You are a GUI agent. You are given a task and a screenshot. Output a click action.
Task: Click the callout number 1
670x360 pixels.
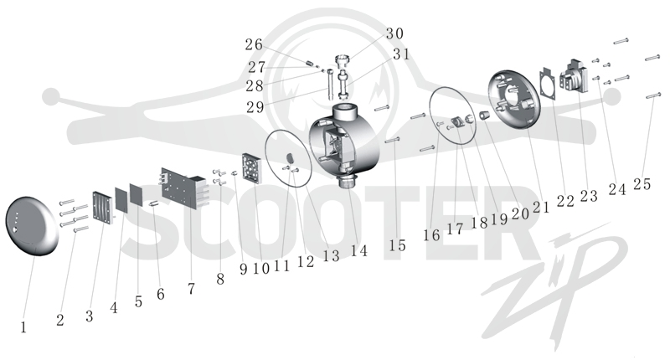pyautogui.click(x=23, y=327)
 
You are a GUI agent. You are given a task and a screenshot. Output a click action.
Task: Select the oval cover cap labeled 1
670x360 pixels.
pyautogui.click(x=31, y=226)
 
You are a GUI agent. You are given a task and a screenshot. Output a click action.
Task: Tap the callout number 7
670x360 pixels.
pyautogui.click(x=191, y=289)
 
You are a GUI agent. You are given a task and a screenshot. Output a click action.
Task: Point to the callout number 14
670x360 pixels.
pyautogui.click(x=359, y=250)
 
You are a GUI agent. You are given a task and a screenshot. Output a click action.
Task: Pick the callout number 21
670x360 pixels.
pyautogui.click(x=540, y=207)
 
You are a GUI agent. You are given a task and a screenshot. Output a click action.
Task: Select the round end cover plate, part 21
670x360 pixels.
pyautogui.click(x=513, y=100)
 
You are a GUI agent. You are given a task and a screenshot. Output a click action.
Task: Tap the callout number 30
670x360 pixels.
pyautogui.click(x=394, y=33)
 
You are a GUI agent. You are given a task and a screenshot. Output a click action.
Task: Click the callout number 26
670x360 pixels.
pyautogui.click(x=254, y=44)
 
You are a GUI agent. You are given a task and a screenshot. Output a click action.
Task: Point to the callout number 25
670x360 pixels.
pyautogui.click(x=642, y=184)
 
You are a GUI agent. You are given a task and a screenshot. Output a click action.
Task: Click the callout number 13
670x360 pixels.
pyautogui.click(x=331, y=256)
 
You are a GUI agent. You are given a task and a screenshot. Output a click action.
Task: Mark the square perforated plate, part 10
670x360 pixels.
pyautogui.click(x=251, y=168)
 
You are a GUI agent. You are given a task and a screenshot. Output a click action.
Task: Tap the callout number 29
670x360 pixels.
pyautogui.click(x=255, y=107)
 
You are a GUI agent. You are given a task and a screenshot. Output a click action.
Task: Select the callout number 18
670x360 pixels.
pyautogui.click(x=479, y=223)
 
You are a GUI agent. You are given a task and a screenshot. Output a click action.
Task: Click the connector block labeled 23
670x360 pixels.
pyautogui.click(x=575, y=77)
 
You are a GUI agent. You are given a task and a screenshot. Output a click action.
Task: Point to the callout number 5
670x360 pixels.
pyautogui.click(x=138, y=301)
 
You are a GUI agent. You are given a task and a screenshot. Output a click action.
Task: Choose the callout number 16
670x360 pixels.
pyautogui.click(x=431, y=235)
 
